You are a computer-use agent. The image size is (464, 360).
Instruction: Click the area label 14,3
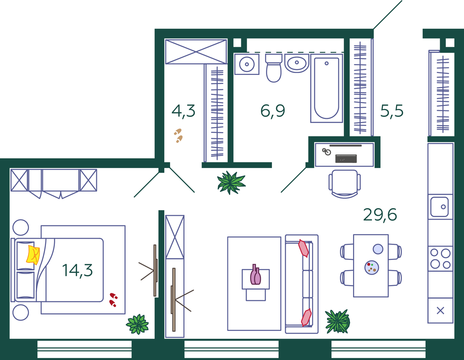click(77, 271)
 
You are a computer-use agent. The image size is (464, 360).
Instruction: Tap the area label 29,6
click(380, 215)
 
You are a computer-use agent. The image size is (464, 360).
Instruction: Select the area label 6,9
click(273, 111)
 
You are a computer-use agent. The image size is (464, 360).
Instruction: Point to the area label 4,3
click(183, 111)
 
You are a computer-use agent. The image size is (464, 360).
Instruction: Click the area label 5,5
click(392, 111)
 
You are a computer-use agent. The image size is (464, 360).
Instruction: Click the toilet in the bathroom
click(274, 68)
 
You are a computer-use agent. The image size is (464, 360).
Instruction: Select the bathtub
click(326, 88)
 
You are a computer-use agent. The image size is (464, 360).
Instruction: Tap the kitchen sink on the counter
click(439, 207)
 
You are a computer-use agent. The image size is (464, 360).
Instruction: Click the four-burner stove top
click(440, 259)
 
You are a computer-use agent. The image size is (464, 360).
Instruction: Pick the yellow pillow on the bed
click(33, 255)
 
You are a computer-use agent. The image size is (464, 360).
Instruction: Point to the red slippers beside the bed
click(113, 300)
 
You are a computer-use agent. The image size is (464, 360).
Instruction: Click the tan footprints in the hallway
click(178, 136)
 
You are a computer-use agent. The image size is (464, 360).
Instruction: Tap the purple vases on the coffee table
click(256, 275)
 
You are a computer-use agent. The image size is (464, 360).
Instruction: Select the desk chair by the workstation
click(345, 184)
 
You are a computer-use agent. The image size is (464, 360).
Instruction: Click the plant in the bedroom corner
click(137, 324)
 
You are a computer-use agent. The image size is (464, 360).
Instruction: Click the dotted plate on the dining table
click(372, 267)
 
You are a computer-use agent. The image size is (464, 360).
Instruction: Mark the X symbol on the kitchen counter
click(440, 311)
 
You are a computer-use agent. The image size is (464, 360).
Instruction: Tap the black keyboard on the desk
click(346, 159)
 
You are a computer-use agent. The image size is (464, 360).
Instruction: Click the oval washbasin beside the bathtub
click(297, 63)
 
